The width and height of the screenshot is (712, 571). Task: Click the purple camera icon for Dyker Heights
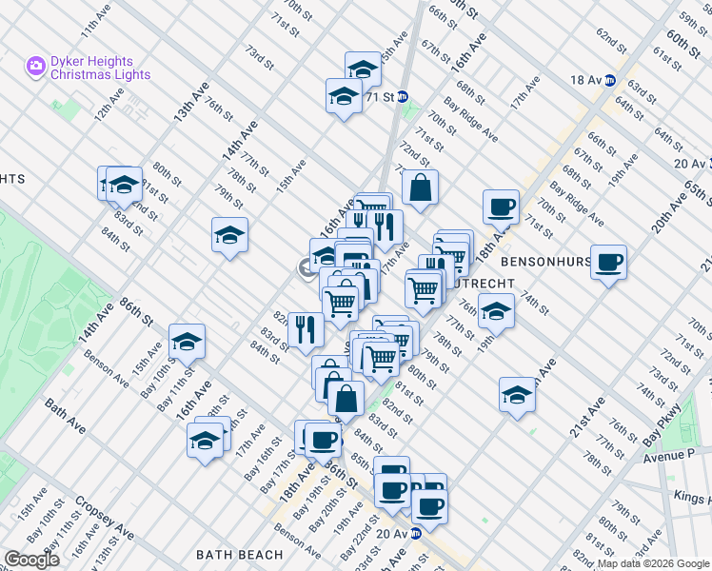pos(36,66)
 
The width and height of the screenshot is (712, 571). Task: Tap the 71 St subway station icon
pos(403,96)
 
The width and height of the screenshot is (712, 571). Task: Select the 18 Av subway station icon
pos(610,81)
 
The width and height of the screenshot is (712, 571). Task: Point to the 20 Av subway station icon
pos(415,535)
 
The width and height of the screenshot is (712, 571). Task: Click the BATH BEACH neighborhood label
pos(239,555)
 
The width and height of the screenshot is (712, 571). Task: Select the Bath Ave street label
pos(65,417)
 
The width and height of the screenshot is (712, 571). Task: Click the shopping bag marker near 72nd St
pos(420,187)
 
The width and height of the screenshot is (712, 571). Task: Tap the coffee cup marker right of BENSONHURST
pos(608,262)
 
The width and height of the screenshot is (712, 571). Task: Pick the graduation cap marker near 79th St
pos(229,235)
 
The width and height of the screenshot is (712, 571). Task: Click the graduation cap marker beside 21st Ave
pos(517,394)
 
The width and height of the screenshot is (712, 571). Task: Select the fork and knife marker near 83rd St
pos(306,329)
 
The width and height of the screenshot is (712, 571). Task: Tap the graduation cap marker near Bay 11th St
pos(187,341)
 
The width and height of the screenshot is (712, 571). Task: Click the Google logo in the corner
pos(30,559)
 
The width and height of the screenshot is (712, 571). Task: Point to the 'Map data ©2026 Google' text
pos(651,563)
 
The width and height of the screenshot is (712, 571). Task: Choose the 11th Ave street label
pos(97,23)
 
